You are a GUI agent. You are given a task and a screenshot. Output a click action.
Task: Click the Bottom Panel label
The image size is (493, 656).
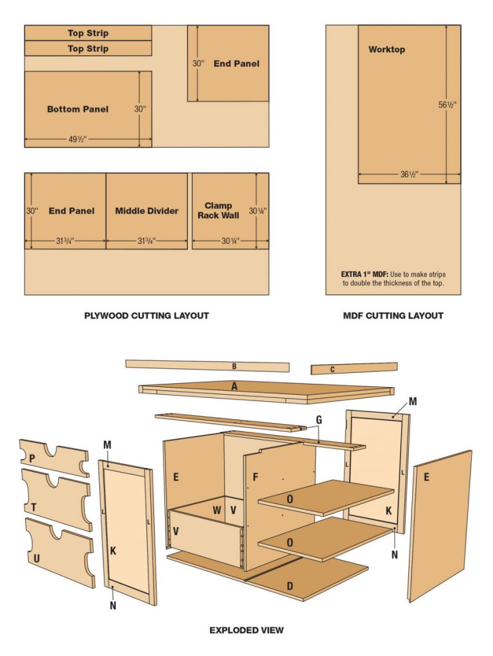78,109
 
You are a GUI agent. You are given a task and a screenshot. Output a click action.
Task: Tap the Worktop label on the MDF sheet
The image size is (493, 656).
386,49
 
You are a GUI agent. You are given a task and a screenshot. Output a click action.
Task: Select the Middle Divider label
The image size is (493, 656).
147,211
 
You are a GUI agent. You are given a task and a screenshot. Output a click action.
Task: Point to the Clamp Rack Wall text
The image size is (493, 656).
218,211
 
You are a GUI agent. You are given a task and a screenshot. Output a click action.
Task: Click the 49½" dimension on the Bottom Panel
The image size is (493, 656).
76,139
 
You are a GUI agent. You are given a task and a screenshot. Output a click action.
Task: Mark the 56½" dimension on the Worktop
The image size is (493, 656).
447,105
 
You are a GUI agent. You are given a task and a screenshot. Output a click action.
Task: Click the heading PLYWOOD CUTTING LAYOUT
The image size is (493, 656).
146,315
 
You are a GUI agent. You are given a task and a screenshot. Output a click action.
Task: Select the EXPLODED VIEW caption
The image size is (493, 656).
246,630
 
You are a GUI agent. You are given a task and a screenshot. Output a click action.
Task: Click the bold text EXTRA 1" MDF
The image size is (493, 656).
363,274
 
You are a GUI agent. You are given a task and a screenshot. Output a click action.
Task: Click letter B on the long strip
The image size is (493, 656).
234,367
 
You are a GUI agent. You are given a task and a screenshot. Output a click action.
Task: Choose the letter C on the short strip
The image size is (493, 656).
333,369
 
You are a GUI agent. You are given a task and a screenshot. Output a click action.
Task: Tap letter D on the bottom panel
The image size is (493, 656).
290,585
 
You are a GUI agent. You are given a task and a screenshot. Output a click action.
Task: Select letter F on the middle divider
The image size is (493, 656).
255,478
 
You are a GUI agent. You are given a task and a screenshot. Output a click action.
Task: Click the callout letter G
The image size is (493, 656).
319,420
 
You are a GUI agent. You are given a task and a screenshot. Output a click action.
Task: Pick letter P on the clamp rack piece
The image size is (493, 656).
32,457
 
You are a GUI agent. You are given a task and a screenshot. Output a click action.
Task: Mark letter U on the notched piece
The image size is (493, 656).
37,558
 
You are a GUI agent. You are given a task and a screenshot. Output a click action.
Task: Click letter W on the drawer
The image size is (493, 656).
217,510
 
